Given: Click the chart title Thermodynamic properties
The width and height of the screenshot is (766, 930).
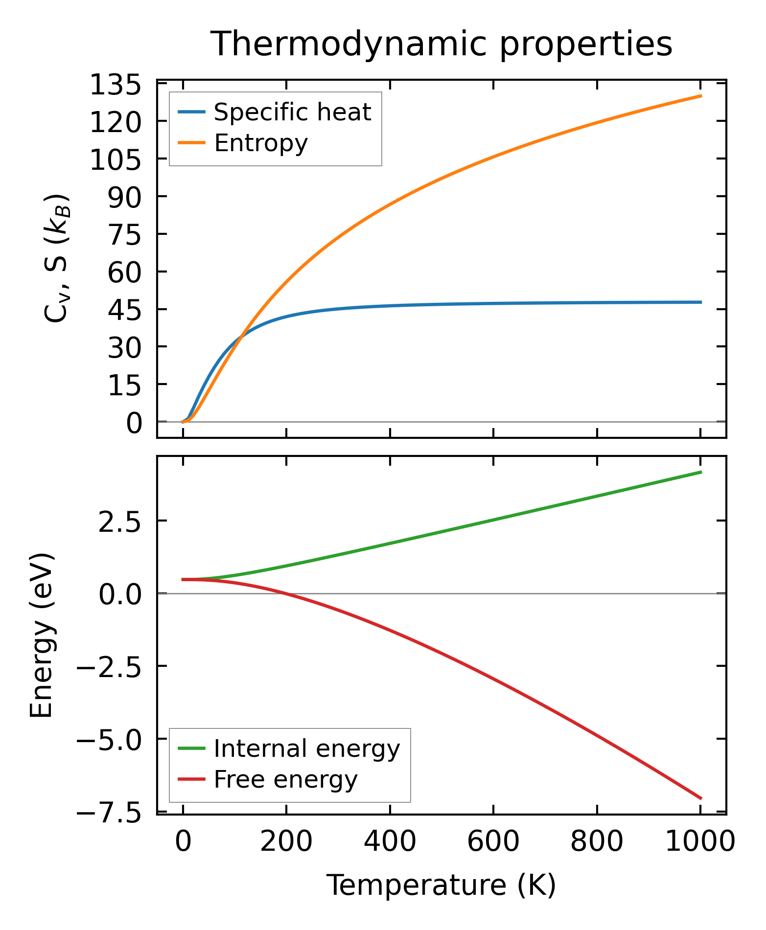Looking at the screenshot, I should (441, 44).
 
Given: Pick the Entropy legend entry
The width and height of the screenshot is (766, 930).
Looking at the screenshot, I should (260, 143).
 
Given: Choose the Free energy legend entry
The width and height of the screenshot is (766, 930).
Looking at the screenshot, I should (285, 779).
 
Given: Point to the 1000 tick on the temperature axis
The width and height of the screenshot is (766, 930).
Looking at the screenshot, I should (700, 842).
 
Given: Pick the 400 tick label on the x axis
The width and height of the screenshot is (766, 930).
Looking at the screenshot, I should (390, 842).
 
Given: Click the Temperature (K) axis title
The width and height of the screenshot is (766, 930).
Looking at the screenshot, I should (441, 885).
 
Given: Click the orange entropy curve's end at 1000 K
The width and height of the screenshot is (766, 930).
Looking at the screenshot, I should (701, 96).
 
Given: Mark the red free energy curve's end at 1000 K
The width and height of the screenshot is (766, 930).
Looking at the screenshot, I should (701, 798).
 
